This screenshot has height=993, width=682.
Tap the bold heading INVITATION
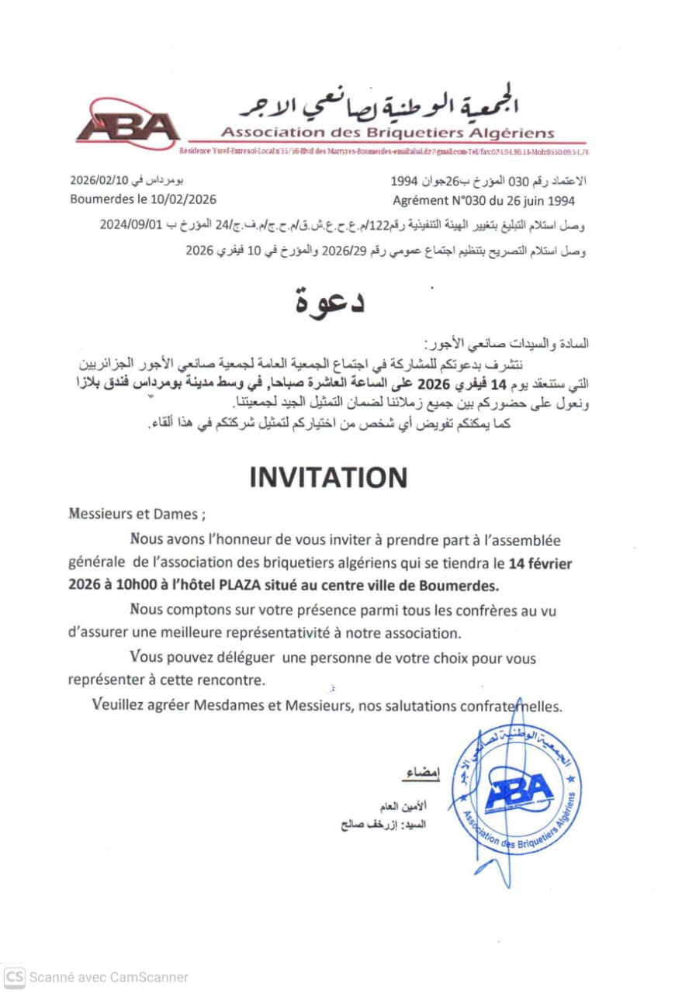328,478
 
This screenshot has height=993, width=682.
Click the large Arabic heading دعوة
330,301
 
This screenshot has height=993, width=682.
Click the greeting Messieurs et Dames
137,514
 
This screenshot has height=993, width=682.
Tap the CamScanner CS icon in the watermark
15,977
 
